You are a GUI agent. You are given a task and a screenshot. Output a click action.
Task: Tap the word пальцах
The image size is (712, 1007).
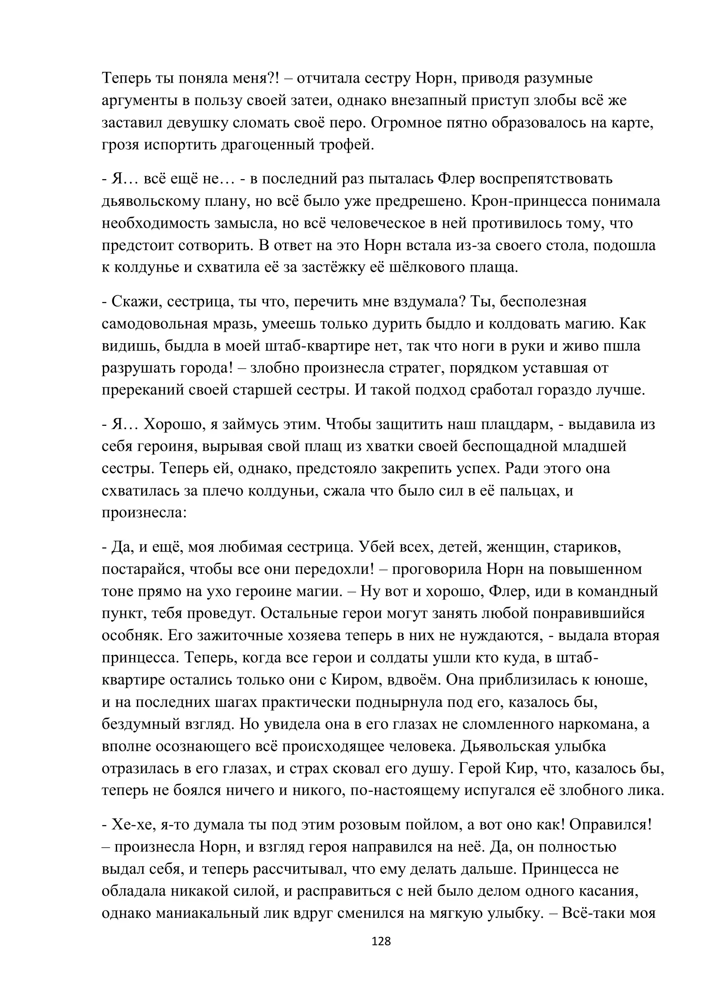[522, 490]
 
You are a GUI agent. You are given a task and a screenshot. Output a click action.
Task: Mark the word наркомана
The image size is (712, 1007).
[597, 724]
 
